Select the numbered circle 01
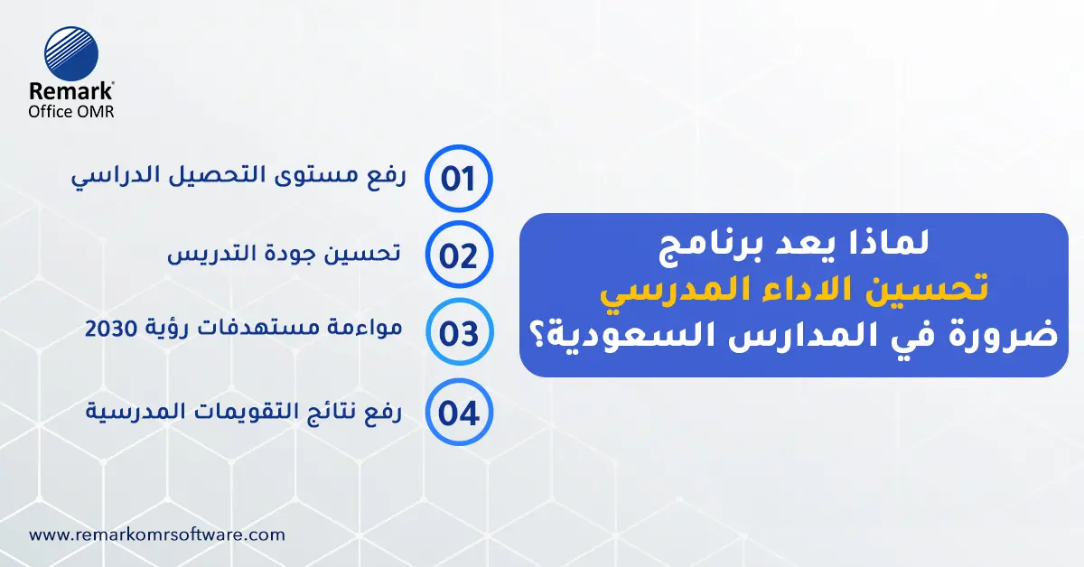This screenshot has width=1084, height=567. point(458,178)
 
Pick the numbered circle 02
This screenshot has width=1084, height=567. point(458,256)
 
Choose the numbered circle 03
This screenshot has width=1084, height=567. point(458,333)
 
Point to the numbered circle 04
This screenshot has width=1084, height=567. point(458,413)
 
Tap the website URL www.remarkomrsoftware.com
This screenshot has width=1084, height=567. point(157,534)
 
